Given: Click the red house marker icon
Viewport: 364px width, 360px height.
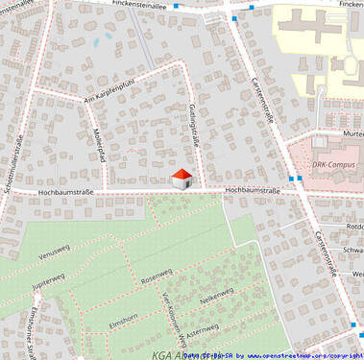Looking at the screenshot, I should tap(181, 178).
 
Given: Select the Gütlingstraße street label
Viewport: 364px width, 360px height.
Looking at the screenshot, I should tap(194, 126).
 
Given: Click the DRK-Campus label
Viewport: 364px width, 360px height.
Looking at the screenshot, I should tap(333, 164).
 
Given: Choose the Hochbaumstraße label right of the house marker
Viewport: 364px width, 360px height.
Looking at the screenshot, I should tap(253, 191).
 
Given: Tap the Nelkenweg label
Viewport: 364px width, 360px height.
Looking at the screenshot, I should tap(217, 299).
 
